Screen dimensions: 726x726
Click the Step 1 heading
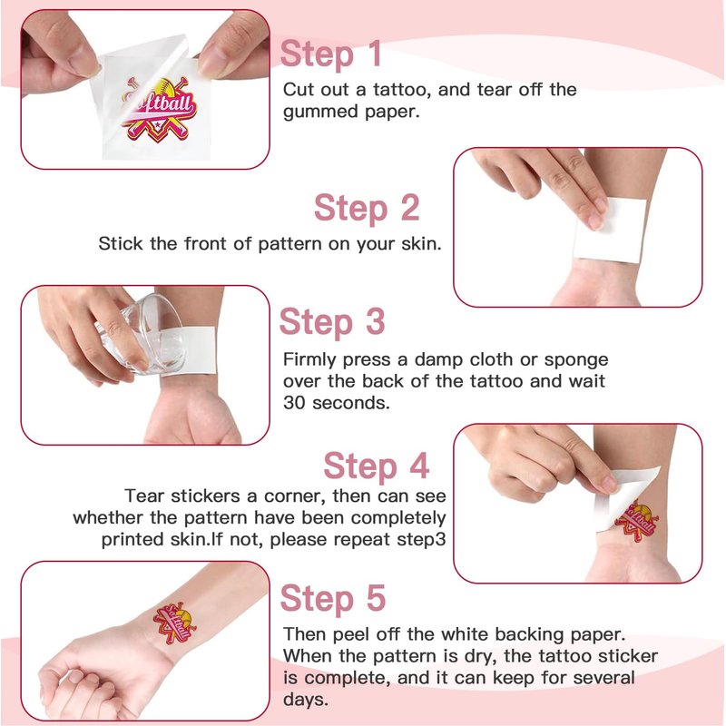click(331, 54)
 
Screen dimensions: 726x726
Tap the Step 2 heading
click(367, 209)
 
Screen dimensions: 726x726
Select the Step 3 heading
click(332, 322)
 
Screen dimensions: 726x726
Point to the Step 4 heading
click(376, 466)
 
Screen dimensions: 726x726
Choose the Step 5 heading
click(333, 599)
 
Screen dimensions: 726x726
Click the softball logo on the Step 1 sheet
click(159, 110)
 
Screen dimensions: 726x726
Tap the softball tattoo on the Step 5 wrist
click(175, 623)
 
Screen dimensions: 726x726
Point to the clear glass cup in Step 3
click(143, 333)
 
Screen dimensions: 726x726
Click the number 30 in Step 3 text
click(294, 403)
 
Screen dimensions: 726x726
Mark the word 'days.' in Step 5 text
click(306, 699)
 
